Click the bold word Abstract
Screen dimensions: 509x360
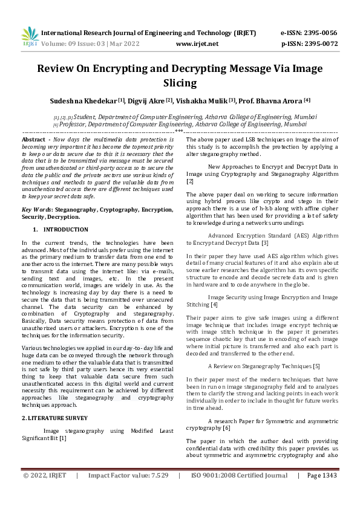click(x=34, y=140)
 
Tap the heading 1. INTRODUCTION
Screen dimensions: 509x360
click(x=61, y=230)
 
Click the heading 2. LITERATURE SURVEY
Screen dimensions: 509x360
click(x=56, y=418)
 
